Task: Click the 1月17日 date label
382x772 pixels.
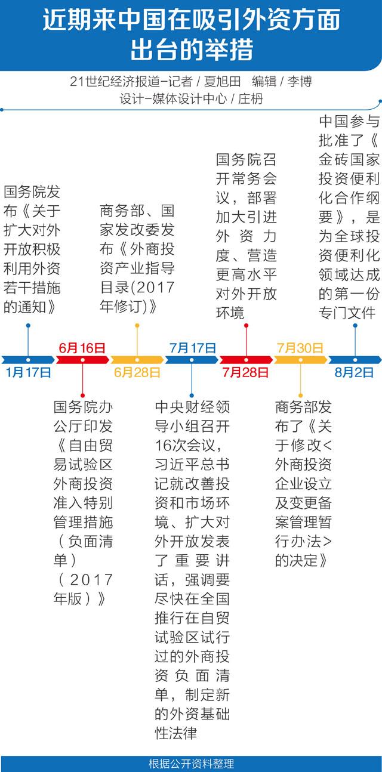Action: (x=28, y=373)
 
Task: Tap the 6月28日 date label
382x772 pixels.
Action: (x=137, y=373)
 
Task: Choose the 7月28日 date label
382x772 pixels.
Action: (x=246, y=373)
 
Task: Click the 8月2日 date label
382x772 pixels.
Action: (x=354, y=373)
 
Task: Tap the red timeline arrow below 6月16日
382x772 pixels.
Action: (x=82, y=360)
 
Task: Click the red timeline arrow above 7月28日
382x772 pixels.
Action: (x=246, y=360)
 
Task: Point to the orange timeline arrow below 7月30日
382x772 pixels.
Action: (x=300, y=360)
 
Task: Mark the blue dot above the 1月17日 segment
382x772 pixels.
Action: (x=28, y=325)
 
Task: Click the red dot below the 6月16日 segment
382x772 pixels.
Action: (x=82, y=395)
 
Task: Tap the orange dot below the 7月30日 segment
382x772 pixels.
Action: (x=300, y=395)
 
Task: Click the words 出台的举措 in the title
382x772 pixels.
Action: (x=191, y=49)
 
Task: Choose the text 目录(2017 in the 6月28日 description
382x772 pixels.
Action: (x=137, y=286)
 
